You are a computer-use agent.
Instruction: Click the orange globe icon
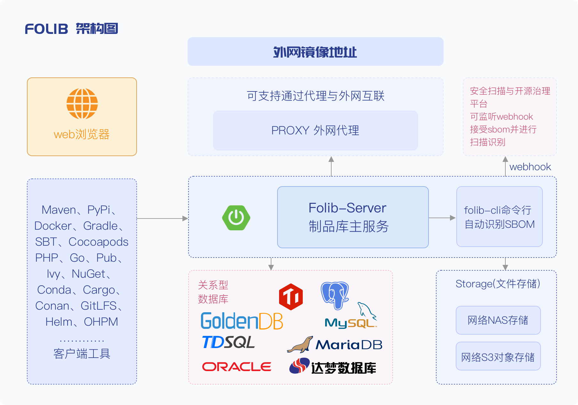[82, 104]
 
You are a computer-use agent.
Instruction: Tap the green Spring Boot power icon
[236, 218]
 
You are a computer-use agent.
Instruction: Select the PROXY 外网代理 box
[315, 131]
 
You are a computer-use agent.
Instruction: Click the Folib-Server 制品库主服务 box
[353, 217]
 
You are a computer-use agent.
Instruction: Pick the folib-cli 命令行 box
[499, 217]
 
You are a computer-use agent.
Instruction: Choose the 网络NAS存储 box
[498, 320]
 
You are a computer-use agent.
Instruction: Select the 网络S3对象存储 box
[498, 356]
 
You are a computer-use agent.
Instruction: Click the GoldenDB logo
[242, 321]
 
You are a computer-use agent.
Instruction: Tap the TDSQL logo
[229, 342]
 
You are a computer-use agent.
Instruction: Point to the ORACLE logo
[237, 367]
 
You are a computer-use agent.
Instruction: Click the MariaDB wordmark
[349, 345]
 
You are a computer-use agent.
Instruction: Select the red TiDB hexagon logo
[291, 297]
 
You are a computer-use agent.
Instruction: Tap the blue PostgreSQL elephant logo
[335, 295]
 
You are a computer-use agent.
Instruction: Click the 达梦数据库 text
[343, 368]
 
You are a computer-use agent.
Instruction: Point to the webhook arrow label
[530, 167]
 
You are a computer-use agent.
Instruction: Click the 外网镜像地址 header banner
[315, 52]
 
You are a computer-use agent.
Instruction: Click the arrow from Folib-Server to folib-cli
[442, 218]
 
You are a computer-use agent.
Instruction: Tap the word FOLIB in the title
[47, 29]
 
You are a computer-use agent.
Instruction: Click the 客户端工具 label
[82, 353]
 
